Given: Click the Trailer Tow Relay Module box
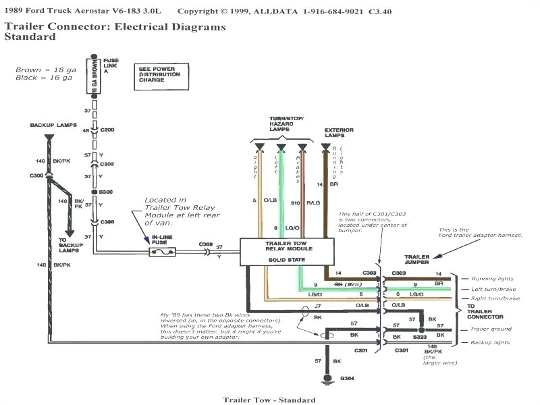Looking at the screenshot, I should click(x=286, y=251).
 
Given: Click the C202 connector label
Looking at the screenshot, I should click(x=107, y=163).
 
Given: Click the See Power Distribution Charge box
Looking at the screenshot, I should click(x=159, y=74).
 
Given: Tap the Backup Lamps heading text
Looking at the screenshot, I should click(x=49, y=125).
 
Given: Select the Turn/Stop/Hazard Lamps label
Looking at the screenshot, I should click(x=281, y=122).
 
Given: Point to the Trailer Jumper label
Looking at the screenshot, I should click(x=417, y=260).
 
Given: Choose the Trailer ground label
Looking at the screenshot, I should click(x=491, y=329).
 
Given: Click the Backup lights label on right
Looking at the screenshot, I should click(x=491, y=343).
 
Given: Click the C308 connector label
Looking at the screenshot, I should click(x=206, y=244).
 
